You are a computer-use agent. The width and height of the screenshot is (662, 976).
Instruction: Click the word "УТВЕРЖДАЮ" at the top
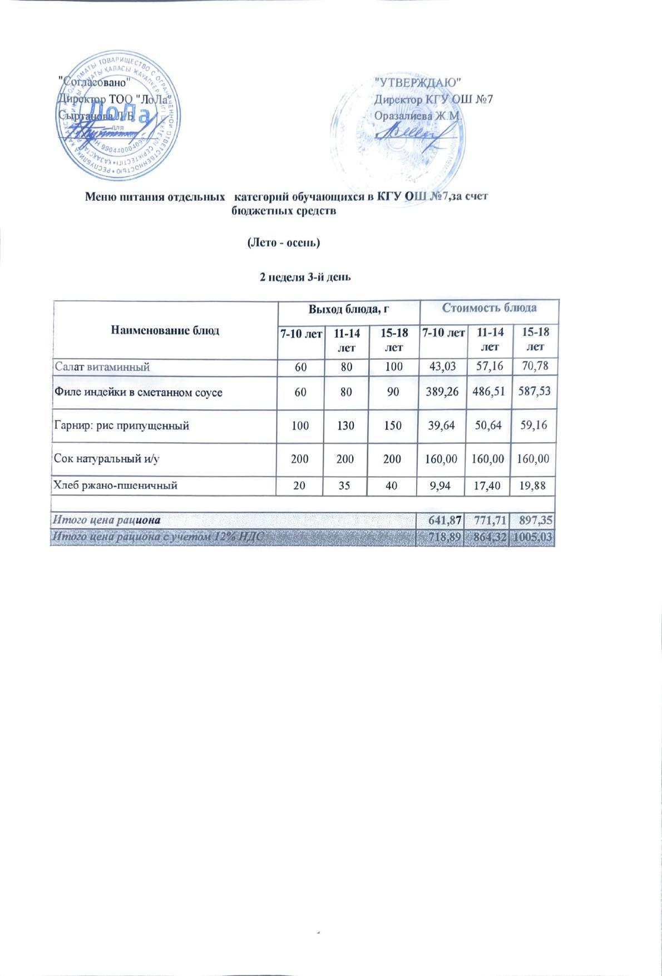coord(418,82)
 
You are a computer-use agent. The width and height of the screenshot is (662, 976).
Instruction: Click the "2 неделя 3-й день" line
coord(305,277)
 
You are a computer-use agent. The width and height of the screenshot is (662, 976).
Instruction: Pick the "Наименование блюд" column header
coord(165,330)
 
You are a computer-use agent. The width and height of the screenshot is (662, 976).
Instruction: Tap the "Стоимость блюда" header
coord(489,308)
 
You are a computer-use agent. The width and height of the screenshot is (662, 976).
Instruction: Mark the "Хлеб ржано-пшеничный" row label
coord(115,485)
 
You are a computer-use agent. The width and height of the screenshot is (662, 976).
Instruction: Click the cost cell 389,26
coord(441,392)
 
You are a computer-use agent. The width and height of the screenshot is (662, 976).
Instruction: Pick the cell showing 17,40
coord(490,485)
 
